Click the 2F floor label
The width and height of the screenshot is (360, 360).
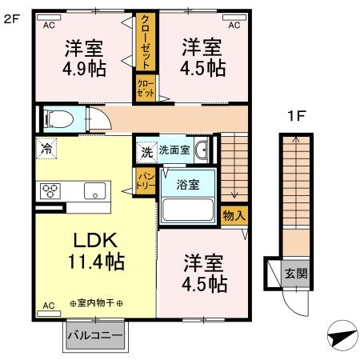click(x=11, y=19)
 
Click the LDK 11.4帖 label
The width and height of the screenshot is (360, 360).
click(x=97, y=249)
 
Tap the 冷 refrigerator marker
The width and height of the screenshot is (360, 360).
click(x=46, y=148)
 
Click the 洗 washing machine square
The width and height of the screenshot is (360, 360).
click(x=146, y=150)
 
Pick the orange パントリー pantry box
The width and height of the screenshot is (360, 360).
click(x=145, y=180)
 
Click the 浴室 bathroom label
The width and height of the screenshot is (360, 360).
click(x=189, y=184)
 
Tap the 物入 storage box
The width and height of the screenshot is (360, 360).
click(x=234, y=215)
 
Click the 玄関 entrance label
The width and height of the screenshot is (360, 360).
click(x=295, y=274)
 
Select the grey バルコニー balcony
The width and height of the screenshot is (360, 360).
click(x=94, y=335)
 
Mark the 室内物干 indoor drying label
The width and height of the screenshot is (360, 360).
click(x=96, y=304)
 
